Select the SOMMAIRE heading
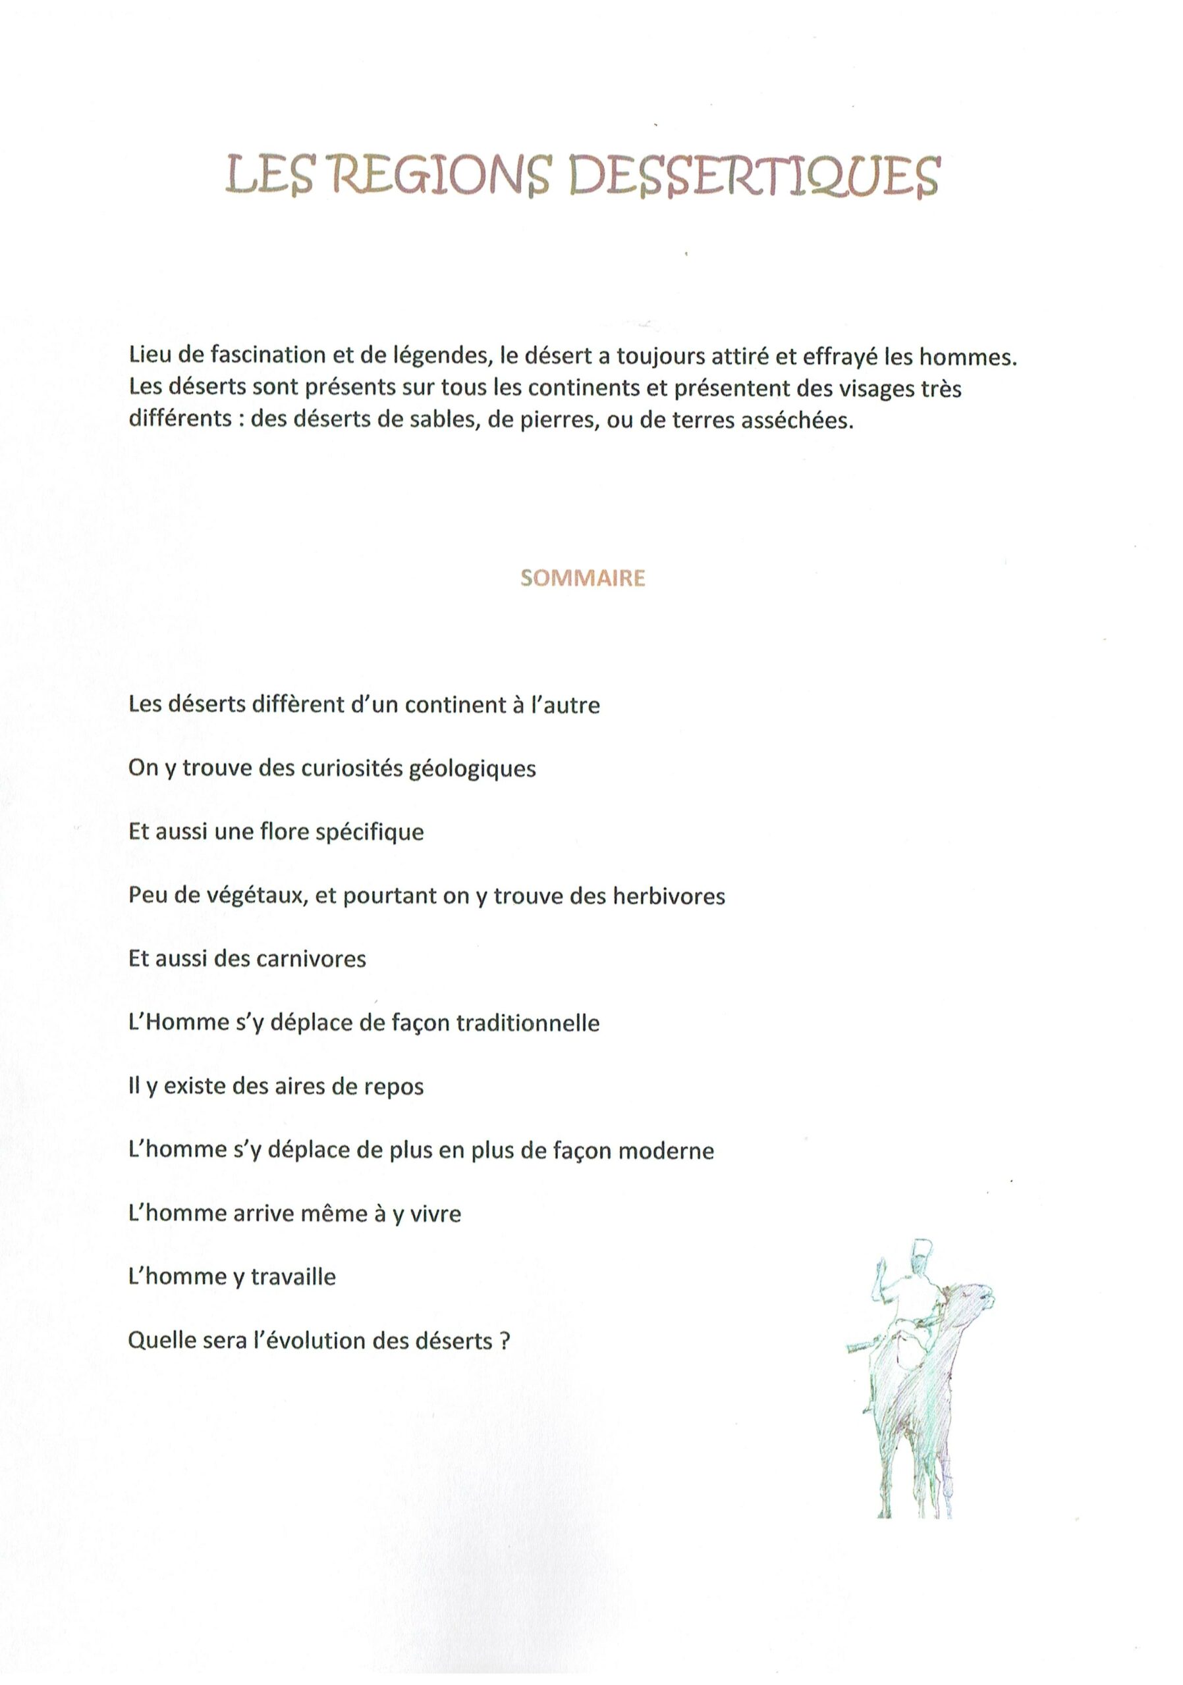click(x=582, y=579)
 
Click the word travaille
click(x=293, y=1278)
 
